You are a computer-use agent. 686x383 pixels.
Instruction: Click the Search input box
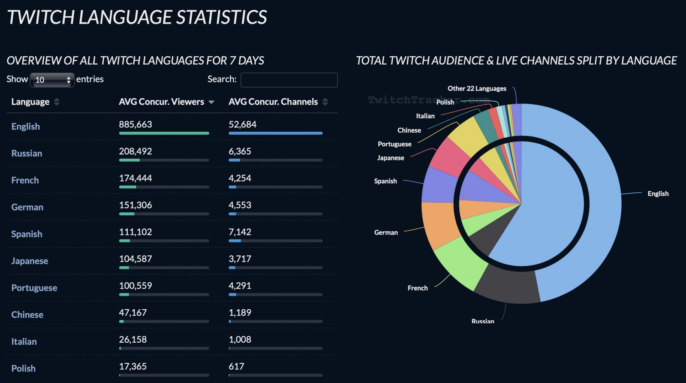(289, 80)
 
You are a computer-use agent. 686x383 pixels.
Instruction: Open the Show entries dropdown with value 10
(52, 80)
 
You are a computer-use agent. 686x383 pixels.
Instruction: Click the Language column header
(30, 102)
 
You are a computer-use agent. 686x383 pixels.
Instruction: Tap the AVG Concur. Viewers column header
(162, 102)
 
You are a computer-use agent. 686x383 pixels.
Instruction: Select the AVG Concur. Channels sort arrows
(325, 102)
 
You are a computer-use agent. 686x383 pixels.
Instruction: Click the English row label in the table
(26, 127)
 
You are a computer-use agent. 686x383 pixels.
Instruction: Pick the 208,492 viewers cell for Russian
(135, 151)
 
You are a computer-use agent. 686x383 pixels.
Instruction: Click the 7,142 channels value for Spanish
(240, 232)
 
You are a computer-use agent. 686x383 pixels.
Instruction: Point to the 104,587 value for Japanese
(135, 259)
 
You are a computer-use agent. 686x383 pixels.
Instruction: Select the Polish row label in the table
(24, 368)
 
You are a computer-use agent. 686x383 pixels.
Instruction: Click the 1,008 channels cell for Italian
(240, 340)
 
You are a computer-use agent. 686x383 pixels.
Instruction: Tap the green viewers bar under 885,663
(164, 133)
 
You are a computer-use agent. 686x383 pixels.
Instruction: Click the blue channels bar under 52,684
(275, 133)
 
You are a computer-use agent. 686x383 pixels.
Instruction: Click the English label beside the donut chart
(658, 194)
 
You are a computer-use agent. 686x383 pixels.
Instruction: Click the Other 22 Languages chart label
(477, 89)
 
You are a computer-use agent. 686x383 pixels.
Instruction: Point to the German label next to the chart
(386, 232)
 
